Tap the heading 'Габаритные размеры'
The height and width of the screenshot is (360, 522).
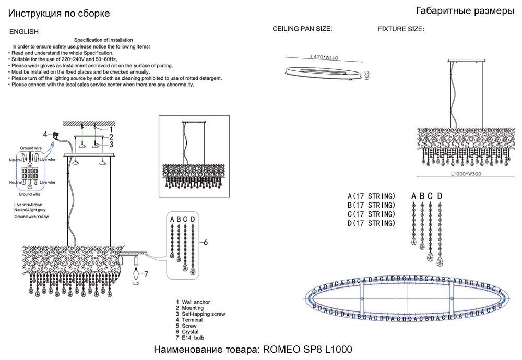[465, 11]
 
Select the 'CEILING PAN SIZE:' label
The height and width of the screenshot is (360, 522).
[303, 29]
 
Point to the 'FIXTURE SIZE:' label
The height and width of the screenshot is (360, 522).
[401, 29]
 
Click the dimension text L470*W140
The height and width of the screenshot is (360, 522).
[325, 57]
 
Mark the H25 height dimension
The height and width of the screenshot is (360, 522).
[367, 75]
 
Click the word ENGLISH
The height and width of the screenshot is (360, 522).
[24, 32]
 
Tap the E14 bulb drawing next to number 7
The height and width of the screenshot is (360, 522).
[138, 272]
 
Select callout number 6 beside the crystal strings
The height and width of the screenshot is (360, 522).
[206, 243]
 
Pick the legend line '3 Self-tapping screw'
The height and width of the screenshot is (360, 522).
[200, 314]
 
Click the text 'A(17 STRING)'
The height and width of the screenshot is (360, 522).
[371, 196]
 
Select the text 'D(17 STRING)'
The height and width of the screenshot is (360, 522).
[371, 223]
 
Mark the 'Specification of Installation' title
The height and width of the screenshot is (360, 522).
[103, 40]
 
